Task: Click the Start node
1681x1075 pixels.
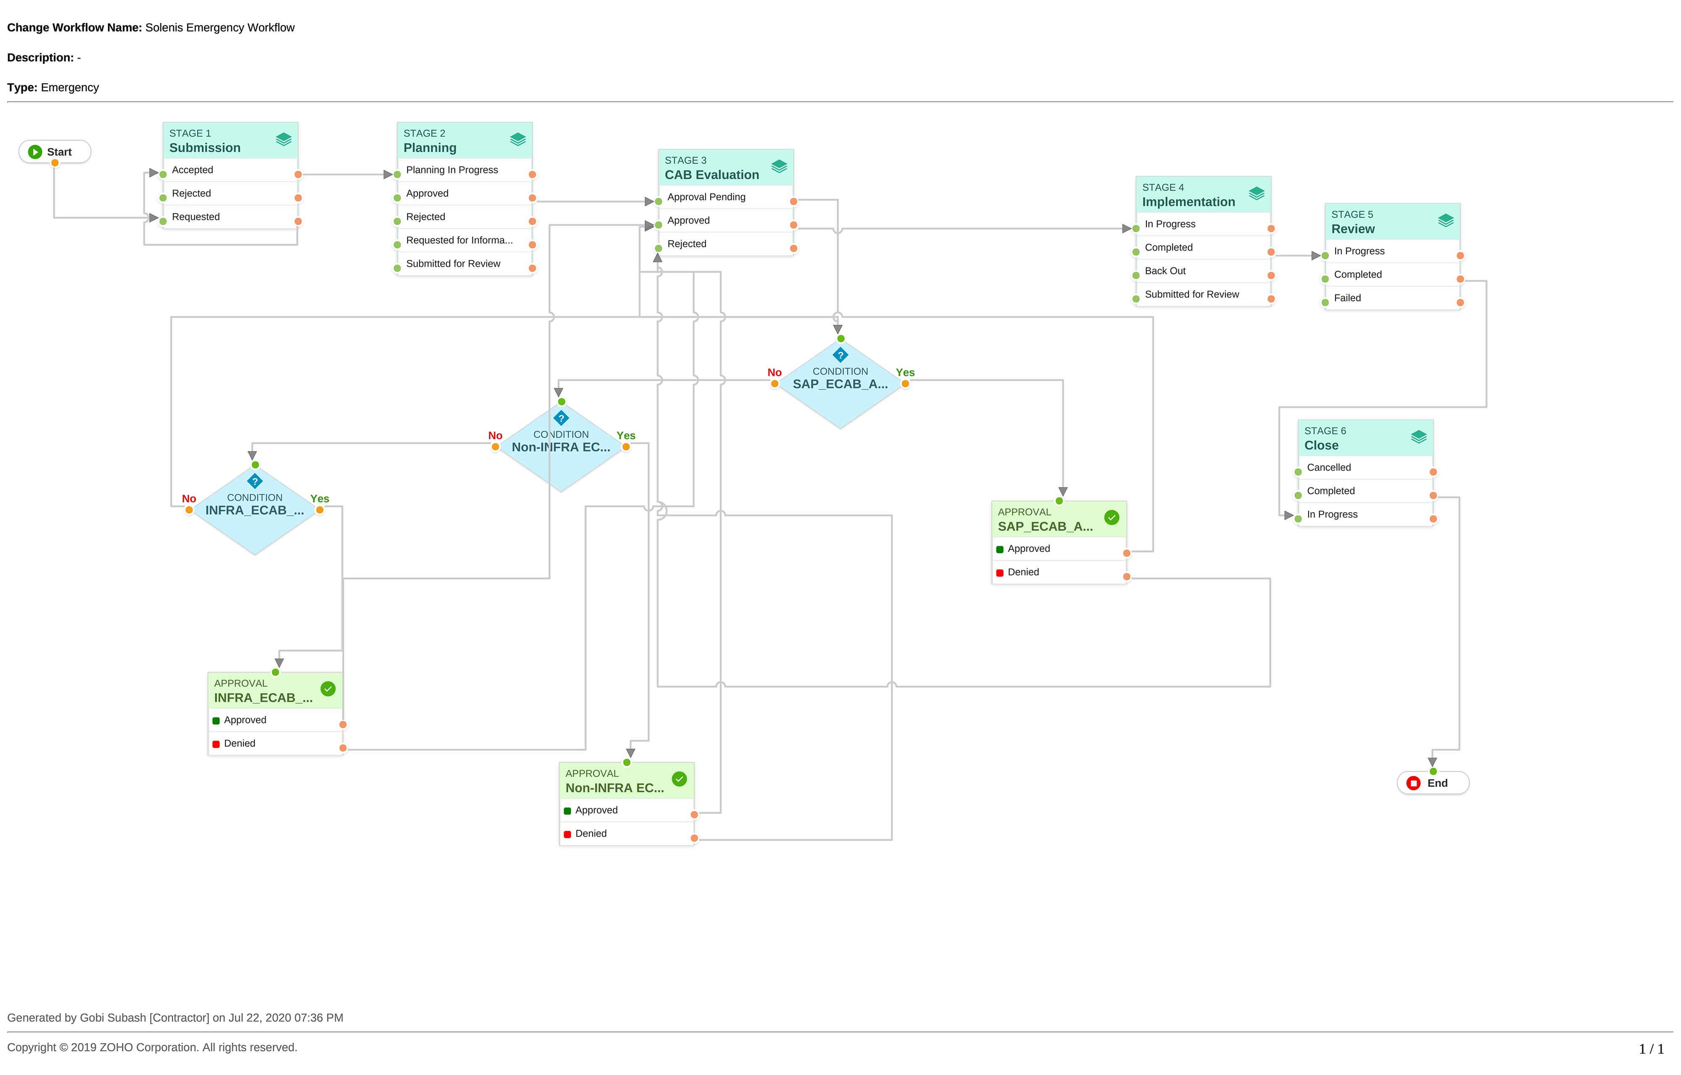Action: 55,151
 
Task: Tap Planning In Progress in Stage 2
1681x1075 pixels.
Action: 452,170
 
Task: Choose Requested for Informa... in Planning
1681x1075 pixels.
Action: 458,240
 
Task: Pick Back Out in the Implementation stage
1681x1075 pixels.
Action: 1165,271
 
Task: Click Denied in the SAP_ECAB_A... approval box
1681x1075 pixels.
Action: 1023,572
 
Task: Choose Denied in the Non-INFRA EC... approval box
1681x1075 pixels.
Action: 590,833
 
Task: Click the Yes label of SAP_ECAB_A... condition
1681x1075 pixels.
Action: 905,372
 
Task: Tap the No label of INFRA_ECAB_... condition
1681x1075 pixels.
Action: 189,499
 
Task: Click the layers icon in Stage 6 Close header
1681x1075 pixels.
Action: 1418,437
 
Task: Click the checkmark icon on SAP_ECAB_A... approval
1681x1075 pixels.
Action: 1112,518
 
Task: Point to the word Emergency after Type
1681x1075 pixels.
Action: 70,87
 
